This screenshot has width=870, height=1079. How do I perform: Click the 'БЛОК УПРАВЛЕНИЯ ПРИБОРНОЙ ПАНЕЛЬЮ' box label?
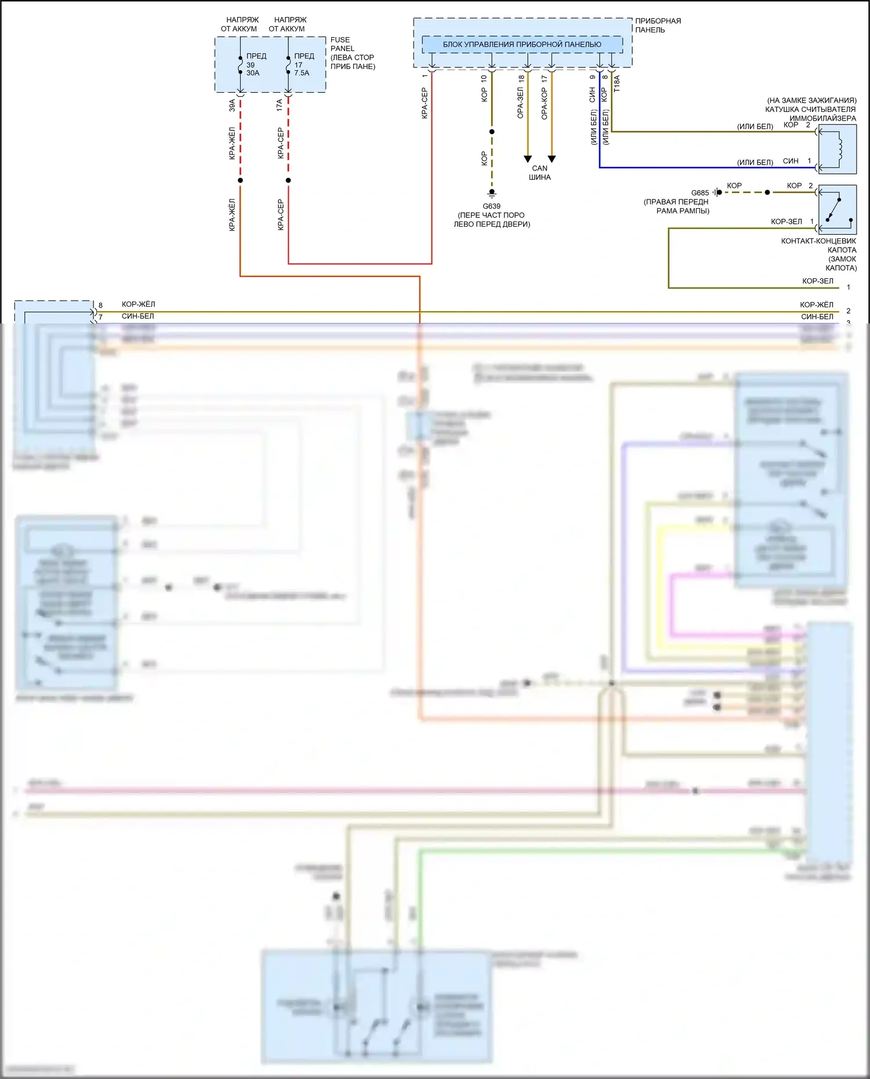point(522,45)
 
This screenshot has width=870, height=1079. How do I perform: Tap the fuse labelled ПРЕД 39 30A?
point(241,64)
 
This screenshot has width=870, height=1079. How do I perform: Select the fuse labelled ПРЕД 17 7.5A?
point(288,64)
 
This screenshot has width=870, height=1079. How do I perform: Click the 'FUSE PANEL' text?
point(342,44)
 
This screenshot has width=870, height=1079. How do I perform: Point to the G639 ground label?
point(491,206)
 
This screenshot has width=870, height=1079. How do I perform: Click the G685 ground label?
point(699,192)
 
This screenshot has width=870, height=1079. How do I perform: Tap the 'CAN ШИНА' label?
point(539,173)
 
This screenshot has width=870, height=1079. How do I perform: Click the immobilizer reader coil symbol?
point(837,149)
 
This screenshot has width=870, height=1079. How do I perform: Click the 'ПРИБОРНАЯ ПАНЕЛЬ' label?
point(658,25)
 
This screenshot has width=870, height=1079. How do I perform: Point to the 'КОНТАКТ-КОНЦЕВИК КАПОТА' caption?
point(818,254)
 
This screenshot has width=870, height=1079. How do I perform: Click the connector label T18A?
point(617,83)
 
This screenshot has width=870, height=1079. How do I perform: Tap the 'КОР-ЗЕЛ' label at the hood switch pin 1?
point(786,221)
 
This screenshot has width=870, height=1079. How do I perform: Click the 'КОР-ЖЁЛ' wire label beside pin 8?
point(138,304)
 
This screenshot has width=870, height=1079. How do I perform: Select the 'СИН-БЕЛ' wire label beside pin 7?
point(138,317)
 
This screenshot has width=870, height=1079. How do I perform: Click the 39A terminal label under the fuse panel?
point(232,105)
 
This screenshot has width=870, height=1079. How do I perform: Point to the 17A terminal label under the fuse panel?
point(280,105)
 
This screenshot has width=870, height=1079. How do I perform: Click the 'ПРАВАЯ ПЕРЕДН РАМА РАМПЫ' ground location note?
point(676,206)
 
